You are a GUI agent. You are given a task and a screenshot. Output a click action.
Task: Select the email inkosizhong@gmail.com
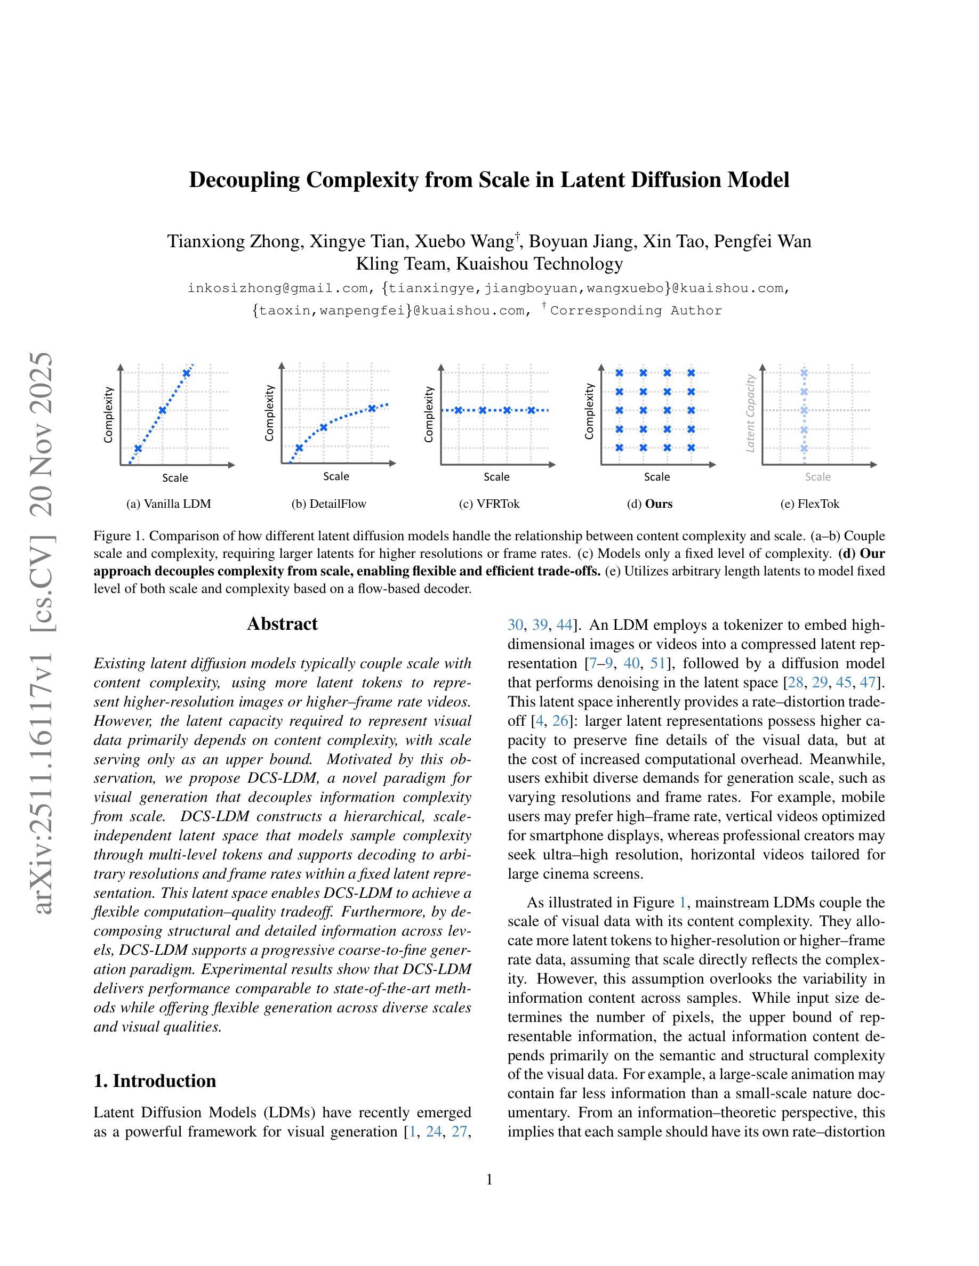278,288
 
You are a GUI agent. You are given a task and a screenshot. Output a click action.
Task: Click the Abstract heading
282,624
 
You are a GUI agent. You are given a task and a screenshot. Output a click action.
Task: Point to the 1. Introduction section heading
155,1081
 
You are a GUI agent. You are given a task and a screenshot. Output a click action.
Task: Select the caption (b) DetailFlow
329,504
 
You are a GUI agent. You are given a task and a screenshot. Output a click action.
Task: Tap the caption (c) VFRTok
489,504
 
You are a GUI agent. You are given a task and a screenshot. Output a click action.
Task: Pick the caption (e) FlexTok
809,504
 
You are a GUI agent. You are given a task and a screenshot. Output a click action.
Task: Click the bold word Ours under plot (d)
659,504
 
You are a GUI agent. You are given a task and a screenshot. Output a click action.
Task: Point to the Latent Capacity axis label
750,413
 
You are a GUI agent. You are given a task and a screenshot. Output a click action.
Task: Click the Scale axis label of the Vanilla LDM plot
175,477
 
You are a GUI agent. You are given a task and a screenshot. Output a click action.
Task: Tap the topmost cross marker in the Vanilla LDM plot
187,373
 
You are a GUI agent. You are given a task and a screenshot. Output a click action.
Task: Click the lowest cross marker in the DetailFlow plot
299,448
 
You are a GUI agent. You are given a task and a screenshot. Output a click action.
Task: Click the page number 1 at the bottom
489,1180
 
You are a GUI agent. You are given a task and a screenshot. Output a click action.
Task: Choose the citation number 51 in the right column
657,663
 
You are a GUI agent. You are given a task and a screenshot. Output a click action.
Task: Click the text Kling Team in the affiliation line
402,264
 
